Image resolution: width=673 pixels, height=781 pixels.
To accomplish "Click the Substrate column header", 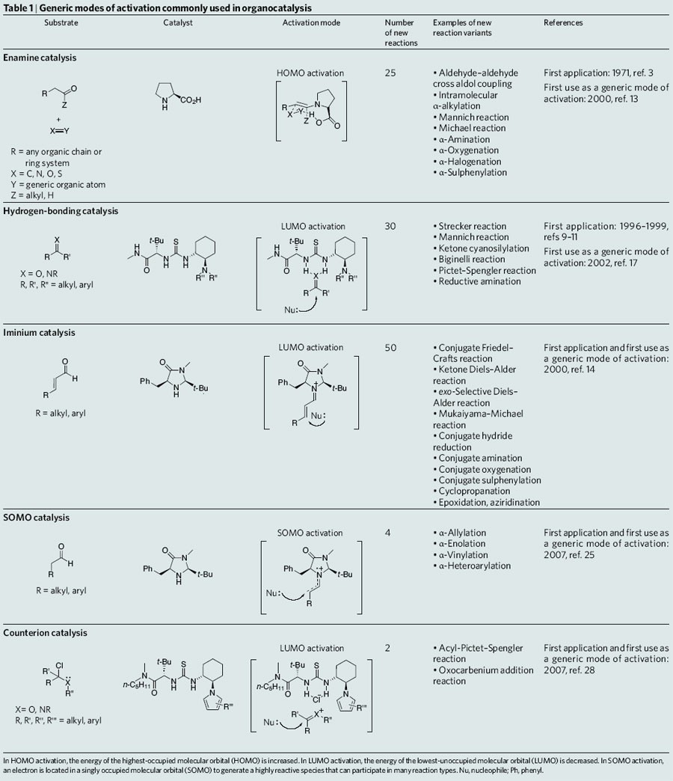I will pos(61,23).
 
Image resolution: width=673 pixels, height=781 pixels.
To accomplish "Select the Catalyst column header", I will pos(178,23).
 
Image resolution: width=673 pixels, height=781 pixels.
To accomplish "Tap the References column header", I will pos(563,23).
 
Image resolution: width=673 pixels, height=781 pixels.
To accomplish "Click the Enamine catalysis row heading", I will pos(40,58).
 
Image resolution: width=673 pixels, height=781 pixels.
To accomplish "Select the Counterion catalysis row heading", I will pos(45,632).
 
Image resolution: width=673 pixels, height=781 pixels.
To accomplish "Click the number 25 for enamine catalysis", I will pos(390,73).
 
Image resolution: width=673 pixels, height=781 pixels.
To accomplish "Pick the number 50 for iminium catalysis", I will pos(390,348).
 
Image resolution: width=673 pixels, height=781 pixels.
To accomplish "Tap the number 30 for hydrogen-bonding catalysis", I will pos(390,226).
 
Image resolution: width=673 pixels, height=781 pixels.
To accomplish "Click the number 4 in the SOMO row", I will pos(387,533).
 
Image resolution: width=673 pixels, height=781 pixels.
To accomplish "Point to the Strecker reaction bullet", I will pos(472,226).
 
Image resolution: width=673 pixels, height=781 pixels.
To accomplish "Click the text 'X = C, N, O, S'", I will pos(39,174).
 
